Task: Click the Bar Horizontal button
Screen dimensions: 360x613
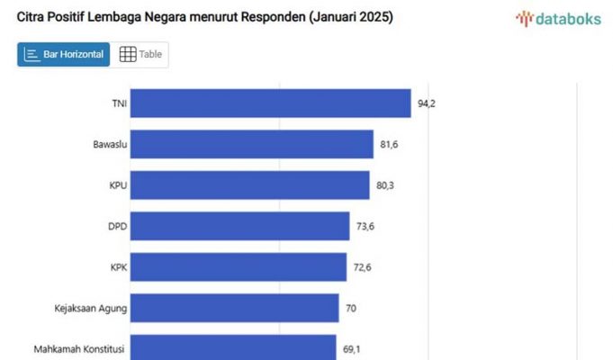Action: [64, 55]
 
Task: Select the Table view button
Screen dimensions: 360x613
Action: [140, 55]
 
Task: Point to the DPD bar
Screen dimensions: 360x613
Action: [243, 226]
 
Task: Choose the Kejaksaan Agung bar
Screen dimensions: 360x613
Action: [238, 308]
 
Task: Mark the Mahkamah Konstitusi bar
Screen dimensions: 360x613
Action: [236, 347]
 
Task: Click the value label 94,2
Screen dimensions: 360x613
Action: [427, 103]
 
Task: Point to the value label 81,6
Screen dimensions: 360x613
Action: [389, 144]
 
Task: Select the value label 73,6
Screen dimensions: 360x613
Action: [365, 226]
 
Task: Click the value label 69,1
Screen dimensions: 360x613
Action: [353, 348]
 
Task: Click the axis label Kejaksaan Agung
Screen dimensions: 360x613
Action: [91, 308]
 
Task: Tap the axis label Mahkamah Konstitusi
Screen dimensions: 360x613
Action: [80, 348]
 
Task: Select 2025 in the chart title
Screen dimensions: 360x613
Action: [372, 17]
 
